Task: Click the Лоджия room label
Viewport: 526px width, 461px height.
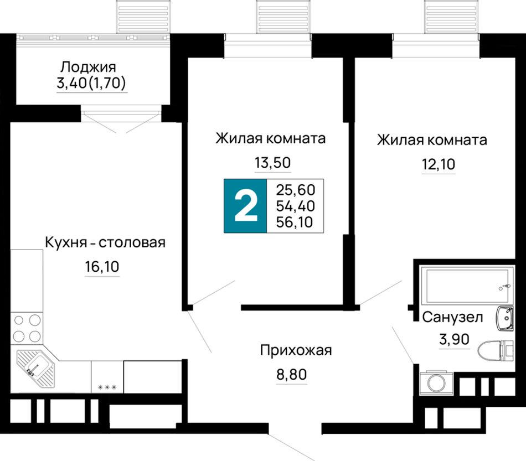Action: [x=88, y=67]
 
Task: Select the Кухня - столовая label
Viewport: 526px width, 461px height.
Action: [x=105, y=242]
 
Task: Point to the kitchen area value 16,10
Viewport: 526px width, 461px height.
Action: [x=102, y=267]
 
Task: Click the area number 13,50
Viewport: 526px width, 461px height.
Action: [x=273, y=163]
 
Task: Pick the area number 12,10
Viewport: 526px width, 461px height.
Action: [x=439, y=164]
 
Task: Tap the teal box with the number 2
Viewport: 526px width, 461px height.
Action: [x=245, y=206]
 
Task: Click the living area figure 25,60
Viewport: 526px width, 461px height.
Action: [x=296, y=190]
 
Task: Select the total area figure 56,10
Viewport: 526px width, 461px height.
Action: [x=295, y=222]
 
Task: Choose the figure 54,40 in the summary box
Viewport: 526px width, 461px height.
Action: [x=296, y=206]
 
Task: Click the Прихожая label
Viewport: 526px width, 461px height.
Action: [x=296, y=351]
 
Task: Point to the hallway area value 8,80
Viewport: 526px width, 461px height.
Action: [x=291, y=374]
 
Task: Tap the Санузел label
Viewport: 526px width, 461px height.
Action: [x=452, y=317]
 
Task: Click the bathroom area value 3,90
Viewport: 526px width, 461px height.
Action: [x=454, y=340]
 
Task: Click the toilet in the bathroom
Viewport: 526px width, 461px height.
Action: [x=496, y=350]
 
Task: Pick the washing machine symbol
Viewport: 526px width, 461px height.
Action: [x=436, y=382]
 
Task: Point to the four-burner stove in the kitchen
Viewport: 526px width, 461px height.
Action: [x=27, y=328]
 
